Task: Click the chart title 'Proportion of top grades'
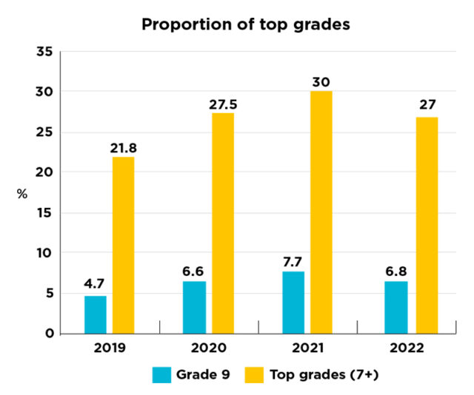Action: (x=245, y=24)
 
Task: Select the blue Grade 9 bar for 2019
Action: (x=96, y=314)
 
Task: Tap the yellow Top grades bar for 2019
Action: (x=124, y=245)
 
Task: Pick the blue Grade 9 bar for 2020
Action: (x=194, y=307)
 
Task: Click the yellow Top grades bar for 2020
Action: (x=222, y=223)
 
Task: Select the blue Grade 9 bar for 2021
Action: (x=293, y=302)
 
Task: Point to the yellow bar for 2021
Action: (x=321, y=212)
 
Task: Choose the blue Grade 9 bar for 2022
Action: (x=395, y=307)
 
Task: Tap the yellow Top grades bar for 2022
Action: (x=427, y=225)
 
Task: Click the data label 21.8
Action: (x=124, y=148)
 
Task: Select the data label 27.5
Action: (x=222, y=104)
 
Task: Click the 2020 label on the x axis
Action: (x=209, y=348)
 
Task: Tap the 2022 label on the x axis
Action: (x=407, y=348)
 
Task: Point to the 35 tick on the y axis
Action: (x=44, y=52)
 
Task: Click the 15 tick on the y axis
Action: (x=44, y=212)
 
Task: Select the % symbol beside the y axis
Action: (x=22, y=194)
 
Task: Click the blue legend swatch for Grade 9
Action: (x=161, y=375)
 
